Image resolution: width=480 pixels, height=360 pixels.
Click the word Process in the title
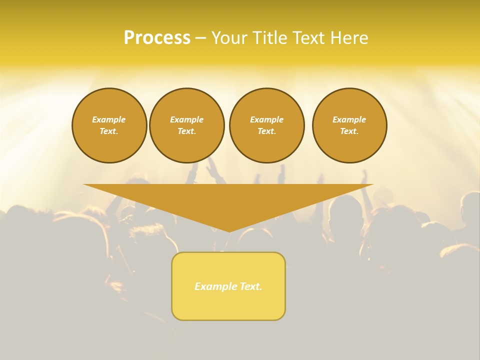(157, 38)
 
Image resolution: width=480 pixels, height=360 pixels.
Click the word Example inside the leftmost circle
(109, 119)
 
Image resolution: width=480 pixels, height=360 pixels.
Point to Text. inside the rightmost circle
(349, 131)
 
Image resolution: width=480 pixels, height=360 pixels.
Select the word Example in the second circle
(186, 119)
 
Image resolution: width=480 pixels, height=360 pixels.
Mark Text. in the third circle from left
(266, 131)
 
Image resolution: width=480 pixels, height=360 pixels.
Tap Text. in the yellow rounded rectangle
(250, 286)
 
